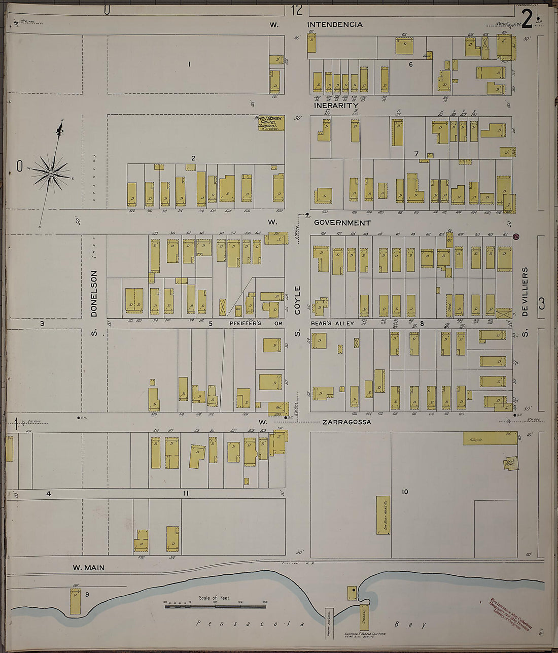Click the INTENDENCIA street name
[x=335, y=24]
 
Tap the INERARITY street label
[x=336, y=106]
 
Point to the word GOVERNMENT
[x=342, y=223]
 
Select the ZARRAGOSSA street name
[x=346, y=422]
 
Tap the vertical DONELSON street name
[x=94, y=293]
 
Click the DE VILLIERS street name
[x=525, y=292]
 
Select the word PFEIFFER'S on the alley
[x=245, y=323]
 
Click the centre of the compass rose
[x=51, y=174]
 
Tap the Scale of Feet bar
[x=215, y=606]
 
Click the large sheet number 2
[x=527, y=20]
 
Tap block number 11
[x=186, y=493]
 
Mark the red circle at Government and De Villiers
[x=516, y=237]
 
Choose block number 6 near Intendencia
[x=411, y=64]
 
